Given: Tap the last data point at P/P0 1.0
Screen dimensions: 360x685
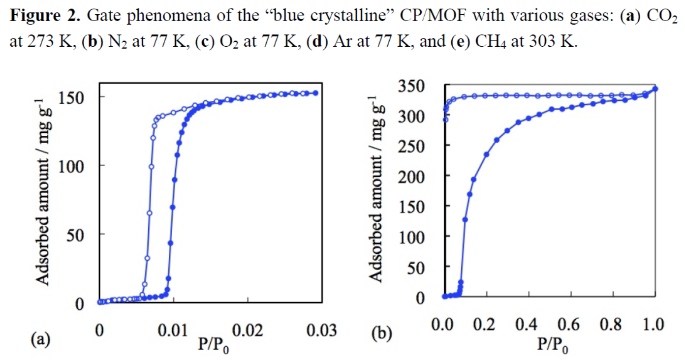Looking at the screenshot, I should pos(655,89).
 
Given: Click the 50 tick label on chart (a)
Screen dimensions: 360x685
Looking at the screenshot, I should pos(78,234).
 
